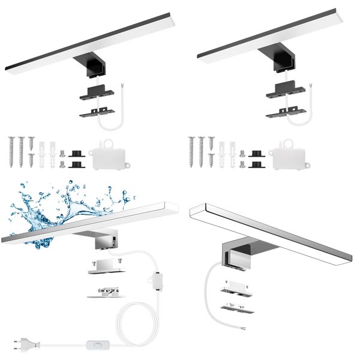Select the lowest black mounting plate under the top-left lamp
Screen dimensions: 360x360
pos(95,111)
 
